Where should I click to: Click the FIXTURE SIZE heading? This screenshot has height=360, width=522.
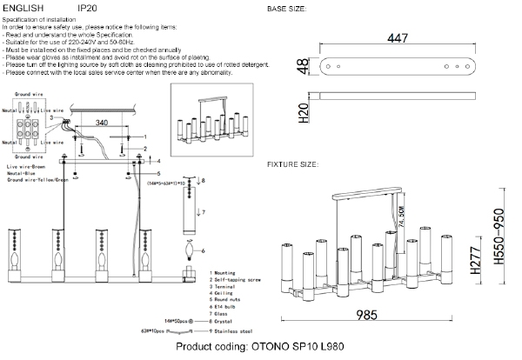coord(292,163)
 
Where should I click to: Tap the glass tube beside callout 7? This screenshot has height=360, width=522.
coord(191,210)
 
